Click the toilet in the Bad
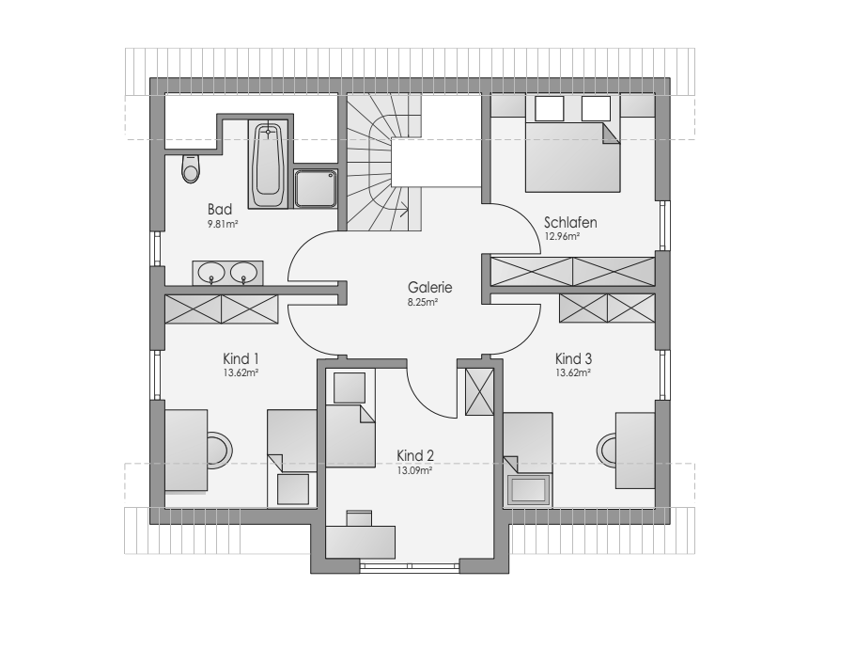tap(191, 168)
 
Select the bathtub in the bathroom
tap(267, 164)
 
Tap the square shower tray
tap(316, 188)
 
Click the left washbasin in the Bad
tap(211, 272)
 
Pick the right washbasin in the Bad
tap(243, 272)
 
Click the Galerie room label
tap(429, 287)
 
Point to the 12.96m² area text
tap(562, 237)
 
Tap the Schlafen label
tap(570, 222)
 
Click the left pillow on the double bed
tap(549, 108)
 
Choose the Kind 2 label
tap(415, 455)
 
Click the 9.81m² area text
tap(223, 224)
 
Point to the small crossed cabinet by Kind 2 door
tap(479, 391)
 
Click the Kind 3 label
tap(573, 358)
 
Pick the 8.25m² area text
tap(423, 302)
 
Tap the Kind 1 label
tap(241, 358)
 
